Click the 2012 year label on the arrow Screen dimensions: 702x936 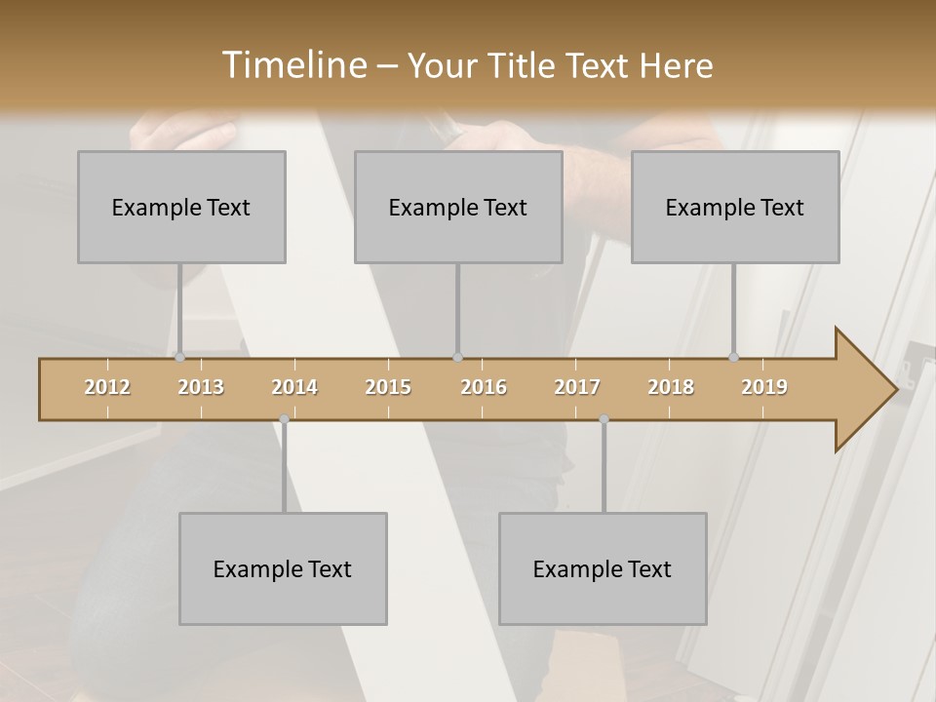(x=107, y=387)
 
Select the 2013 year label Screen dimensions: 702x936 (x=201, y=387)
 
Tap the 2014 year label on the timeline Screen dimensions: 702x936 (x=294, y=387)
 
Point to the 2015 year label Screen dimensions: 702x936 (x=388, y=387)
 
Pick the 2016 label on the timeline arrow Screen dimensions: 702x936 (x=484, y=387)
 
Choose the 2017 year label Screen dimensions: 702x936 (x=577, y=387)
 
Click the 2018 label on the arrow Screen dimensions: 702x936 (x=671, y=387)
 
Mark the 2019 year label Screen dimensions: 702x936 (x=764, y=387)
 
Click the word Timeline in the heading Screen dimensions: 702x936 (x=292, y=65)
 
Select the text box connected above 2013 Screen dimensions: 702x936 (x=181, y=207)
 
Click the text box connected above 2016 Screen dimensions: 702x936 (x=458, y=207)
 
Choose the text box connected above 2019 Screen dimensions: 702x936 (x=735, y=207)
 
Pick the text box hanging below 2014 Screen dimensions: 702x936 (x=283, y=568)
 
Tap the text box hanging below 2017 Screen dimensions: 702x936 (x=603, y=568)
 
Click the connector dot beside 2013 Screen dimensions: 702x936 (x=179, y=357)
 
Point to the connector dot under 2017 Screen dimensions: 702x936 (x=604, y=419)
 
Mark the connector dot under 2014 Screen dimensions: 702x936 (x=284, y=419)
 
